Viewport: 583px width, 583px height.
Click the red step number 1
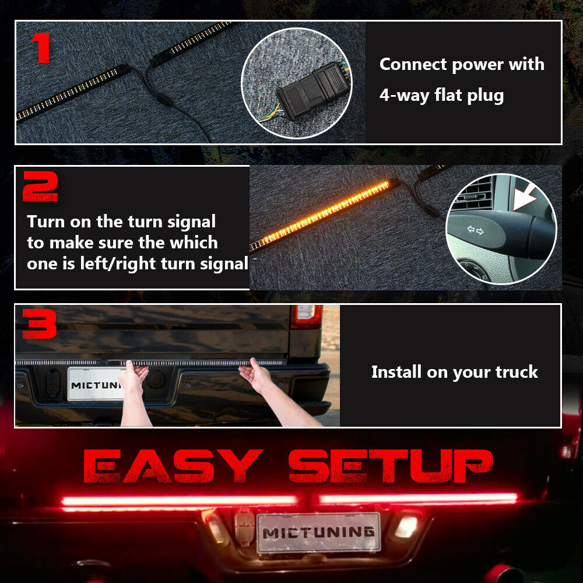pos(42,48)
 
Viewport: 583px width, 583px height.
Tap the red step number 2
pos(40,186)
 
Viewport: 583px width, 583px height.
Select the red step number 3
pos(40,324)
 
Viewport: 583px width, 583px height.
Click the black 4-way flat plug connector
pos(314,91)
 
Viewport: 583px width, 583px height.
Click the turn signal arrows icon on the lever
pos(475,230)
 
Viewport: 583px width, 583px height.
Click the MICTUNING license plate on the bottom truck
pos(319,532)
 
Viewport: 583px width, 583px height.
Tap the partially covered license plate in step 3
pos(96,384)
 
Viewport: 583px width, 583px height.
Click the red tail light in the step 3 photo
pos(306,317)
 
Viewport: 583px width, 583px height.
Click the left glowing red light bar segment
pos(179,500)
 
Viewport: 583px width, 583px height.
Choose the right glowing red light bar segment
pos(418,498)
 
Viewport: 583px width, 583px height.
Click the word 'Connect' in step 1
pos(413,64)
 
